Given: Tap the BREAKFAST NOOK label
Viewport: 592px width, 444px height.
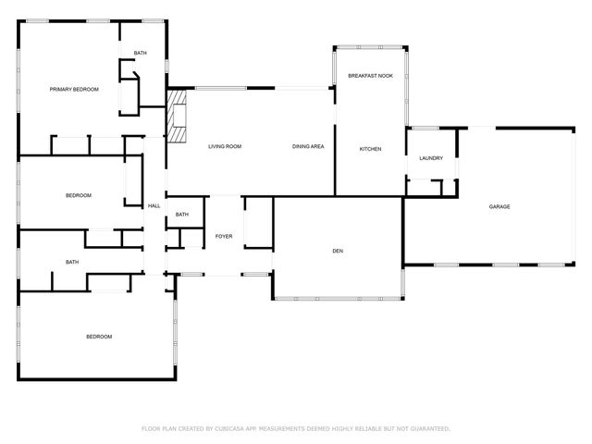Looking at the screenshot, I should (370, 75).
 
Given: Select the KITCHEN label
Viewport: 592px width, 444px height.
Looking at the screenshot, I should (370, 149).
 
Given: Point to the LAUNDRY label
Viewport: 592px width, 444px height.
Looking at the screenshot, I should (431, 158).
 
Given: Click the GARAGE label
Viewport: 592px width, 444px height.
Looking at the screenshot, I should (499, 206).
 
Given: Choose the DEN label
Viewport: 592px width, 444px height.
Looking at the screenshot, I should (338, 251).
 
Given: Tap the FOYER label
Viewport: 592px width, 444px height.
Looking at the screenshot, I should (224, 237).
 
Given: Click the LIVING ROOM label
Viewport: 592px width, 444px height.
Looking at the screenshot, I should (225, 146).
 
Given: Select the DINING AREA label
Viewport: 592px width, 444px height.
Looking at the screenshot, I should (307, 146).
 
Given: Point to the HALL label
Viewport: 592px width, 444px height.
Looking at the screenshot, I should (154, 205).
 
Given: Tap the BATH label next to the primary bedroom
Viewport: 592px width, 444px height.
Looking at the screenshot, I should (140, 53).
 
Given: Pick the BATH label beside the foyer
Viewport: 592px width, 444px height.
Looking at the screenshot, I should (182, 215).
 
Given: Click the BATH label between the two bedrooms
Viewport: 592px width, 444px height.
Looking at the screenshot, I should (72, 262).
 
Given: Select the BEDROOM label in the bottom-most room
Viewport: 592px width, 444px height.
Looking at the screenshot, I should (99, 336).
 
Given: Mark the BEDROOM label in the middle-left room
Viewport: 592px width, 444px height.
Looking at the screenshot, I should (78, 195).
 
